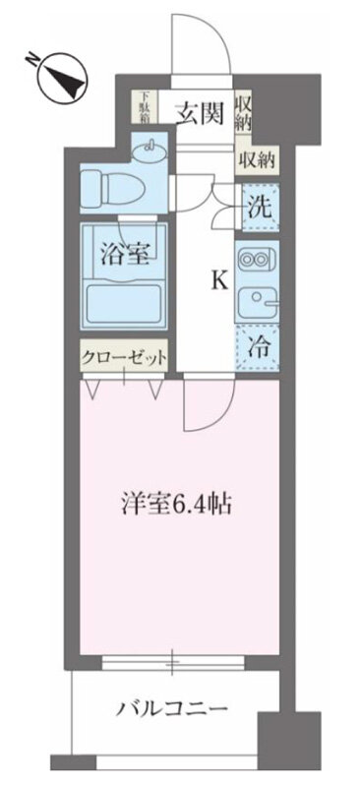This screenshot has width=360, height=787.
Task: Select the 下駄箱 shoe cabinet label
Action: pyautogui.click(x=145, y=105)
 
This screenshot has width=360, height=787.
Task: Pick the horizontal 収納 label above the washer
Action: pyautogui.click(x=254, y=159)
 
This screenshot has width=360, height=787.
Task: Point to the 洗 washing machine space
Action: pyautogui.click(x=257, y=208)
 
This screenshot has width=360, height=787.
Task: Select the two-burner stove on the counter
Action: pyautogui.click(x=256, y=260)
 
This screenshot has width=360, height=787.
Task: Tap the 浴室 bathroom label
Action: pyautogui.click(x=125, y=253)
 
